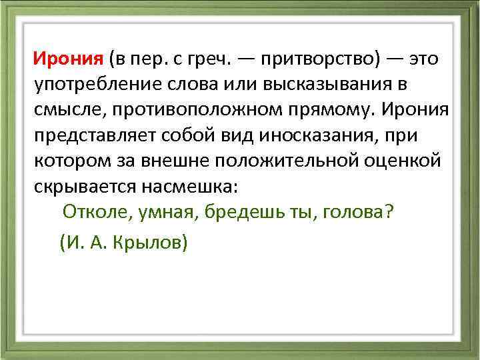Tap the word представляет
tap(89, 135)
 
